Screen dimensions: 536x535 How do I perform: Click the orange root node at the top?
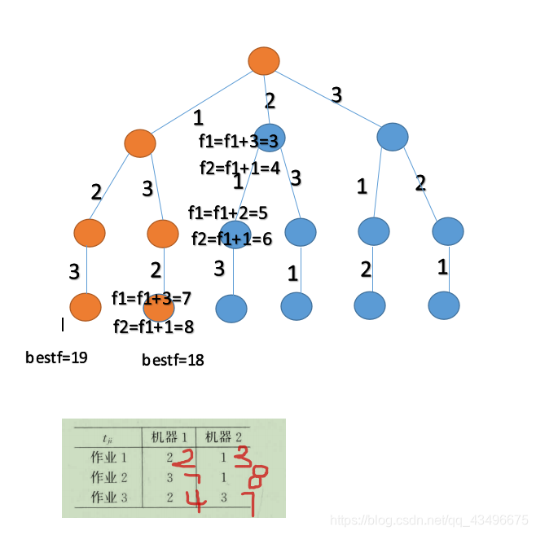tap(263, 61)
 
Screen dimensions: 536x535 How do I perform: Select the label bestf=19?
tap(56, 357)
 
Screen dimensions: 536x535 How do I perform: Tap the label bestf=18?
tap(173, 359)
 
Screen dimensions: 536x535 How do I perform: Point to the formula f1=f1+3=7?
tap(152, 298)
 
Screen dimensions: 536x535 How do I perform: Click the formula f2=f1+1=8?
tap(153, 327)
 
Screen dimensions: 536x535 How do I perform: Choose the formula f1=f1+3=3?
tap(239, 140)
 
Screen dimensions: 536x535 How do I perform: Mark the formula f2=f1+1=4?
tap(239, 169)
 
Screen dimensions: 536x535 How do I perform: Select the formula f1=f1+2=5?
tap(228, 213)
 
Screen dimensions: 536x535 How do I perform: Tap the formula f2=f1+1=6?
tap(231, 239)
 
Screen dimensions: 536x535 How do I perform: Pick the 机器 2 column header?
tap(222, 435)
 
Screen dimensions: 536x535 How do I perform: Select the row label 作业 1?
tap(105, 457)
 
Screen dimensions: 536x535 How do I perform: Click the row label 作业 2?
tap(105, 476)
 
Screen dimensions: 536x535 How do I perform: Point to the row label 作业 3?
tap(105, 496)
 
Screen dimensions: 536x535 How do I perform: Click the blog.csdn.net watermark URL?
tap(433, 520)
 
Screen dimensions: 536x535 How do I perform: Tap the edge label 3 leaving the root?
tap(336, 95)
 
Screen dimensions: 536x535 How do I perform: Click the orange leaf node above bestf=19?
tap(86, 307)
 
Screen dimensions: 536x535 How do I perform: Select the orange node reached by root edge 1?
tap(140, 143)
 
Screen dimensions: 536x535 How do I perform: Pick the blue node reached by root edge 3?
tap(393, 136)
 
